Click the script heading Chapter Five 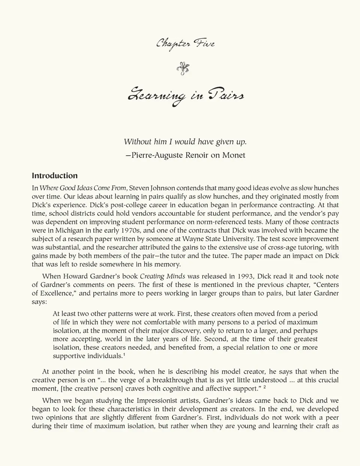click(x=185, y=44)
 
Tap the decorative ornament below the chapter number click(x=183, y=68)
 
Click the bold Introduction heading click(x=55, y=176)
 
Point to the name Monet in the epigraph click(x=234, y=155)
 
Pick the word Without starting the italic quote click(x=138, y=141)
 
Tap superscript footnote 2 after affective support click(x=264, y=387)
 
